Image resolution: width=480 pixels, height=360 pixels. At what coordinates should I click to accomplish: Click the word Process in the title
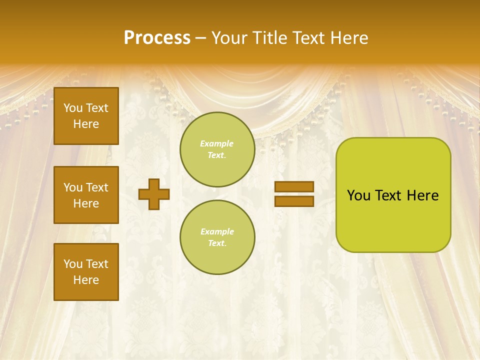click(157, 38)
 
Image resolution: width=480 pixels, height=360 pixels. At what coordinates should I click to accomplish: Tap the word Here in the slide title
click(348, 38)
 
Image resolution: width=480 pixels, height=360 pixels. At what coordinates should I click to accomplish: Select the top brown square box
click(86, 116)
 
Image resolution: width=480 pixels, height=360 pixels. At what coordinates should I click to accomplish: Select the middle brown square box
click(86, 195)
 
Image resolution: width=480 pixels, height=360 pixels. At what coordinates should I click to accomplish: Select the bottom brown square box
click(86, 272)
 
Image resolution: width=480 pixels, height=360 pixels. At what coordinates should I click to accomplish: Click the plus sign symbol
click(154, 194)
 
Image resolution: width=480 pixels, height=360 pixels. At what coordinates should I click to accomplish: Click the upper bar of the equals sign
click(294, 187)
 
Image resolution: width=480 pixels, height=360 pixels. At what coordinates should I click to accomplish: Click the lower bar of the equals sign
click(294, 201)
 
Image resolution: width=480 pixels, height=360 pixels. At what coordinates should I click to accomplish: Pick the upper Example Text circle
click(217, 149)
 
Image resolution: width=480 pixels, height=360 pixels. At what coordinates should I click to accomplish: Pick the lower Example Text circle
click(217, 237)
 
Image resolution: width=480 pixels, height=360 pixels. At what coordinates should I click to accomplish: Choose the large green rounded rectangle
click(393, 195)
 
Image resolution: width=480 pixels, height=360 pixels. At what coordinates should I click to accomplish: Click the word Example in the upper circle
click(217, 143)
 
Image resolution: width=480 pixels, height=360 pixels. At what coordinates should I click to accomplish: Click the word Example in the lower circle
click(217, 231)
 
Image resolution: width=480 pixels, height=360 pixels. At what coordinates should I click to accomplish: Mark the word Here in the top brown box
click(86, 124)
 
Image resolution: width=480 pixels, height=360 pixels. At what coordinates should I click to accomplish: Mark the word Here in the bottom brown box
click(86, 280)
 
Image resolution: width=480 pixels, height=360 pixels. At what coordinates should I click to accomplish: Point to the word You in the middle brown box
click(73, 187)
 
